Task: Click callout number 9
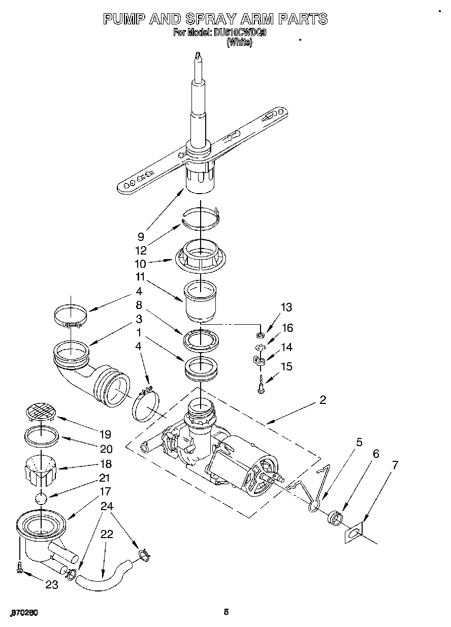coord(141,236)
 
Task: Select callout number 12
coord(141,250)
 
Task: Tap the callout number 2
coord(323,399)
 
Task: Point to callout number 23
coord(52,585)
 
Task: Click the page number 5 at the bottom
coord(227,612)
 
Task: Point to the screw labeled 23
coord(19,567)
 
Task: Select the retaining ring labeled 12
coord(201,216)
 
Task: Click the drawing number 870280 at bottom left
coord(24,612)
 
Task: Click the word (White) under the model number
coord(239,43)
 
